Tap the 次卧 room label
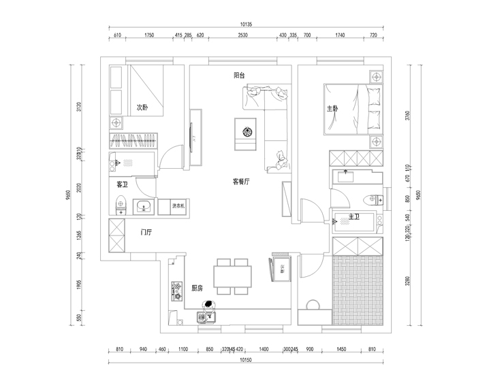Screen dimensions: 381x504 pyautogui.click(x=142, y=107)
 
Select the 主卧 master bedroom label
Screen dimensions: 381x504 pyautogui.click(x=332, y=108)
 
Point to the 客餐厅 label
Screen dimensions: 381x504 pyautogui.click(x=242, y=182)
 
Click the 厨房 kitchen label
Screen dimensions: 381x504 pyautogui.click(x=197, y=288)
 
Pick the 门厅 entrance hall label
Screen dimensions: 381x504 pyautogui.click(x=146, y=232)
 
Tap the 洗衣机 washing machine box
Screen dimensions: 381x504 pyautogui.click(x=182, y=205)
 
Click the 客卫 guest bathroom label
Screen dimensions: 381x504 pyautogui.click(x=123, y=184)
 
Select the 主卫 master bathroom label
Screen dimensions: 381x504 pyautogui.click(x=353, y=217)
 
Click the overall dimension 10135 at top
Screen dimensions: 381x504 pyautogui.click(x=246, y=24)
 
